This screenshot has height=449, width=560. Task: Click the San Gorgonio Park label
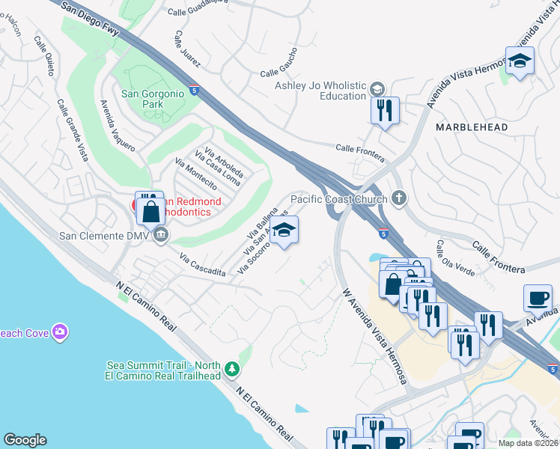(153, 99)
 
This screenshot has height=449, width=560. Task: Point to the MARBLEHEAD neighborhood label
(472, 127)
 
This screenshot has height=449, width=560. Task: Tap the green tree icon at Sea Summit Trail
(233, 369)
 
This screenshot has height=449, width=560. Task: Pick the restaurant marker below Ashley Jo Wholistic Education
(385, 112)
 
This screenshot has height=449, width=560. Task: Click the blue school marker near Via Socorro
(284, 231)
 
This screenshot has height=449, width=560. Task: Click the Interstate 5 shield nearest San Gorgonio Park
(195, 90)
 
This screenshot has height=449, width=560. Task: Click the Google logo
(25, 440)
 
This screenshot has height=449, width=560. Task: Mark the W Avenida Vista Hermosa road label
(374, 337)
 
